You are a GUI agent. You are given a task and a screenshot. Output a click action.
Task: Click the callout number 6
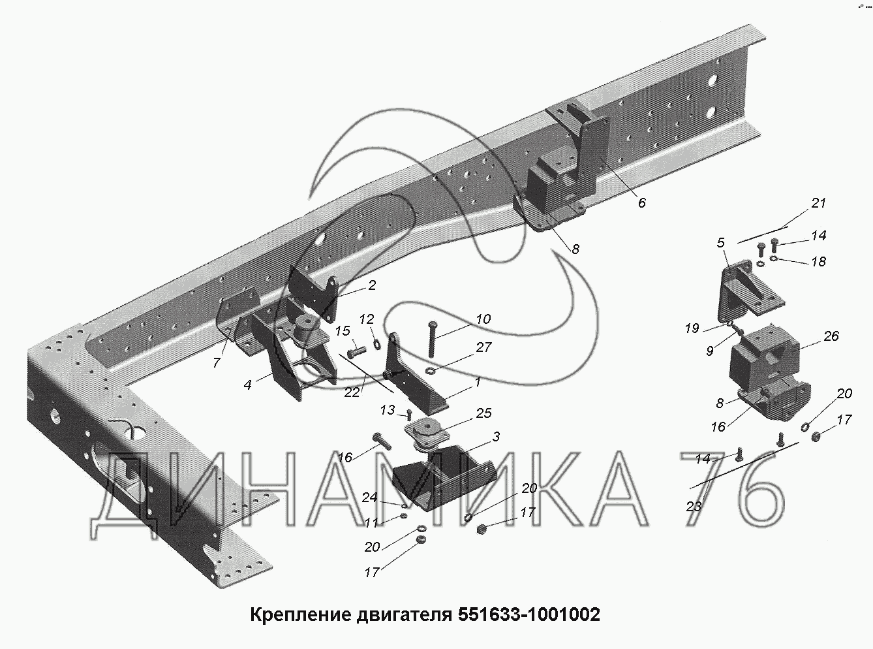[x=642, y=203]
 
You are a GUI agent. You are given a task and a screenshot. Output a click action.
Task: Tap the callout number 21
[x=818, y=203]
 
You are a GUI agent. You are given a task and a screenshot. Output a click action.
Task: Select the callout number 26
[x=831, y=336]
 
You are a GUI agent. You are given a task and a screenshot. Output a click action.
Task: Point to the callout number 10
[x=483, y=319]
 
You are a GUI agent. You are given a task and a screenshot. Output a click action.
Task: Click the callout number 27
[x=483, y=347]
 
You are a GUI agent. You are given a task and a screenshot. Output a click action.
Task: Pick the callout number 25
[x=483, y=413]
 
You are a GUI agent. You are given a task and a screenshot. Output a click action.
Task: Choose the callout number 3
[x=496, y=437]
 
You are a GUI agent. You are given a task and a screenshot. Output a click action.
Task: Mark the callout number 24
[x=370, y=497]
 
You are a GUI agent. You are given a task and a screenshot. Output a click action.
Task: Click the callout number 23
[x=693, y=506]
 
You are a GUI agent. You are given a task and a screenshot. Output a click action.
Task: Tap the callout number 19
[x=692, y=328]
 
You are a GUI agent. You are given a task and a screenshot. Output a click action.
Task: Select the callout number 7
[x=217, y=362]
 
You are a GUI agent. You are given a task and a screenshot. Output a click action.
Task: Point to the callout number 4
[x=248, y=385]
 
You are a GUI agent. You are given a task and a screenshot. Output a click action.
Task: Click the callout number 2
[x=371, y=285]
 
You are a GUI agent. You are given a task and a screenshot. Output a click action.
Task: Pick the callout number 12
[x=367, y=319]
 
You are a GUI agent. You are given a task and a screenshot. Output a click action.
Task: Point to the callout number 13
[x=388, y=409]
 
